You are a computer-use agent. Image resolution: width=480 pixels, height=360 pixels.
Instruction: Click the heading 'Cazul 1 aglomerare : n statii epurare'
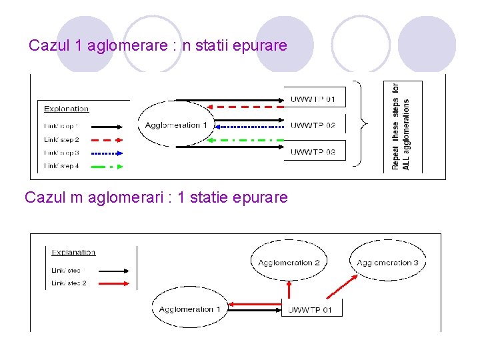click(158, 46)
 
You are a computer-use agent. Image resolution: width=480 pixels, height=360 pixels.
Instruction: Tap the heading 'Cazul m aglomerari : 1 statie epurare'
click(156, 198)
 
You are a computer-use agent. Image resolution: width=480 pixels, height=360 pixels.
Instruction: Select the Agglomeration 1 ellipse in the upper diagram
click(173, 125)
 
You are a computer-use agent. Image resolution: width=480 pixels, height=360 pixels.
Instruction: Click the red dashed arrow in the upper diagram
click(244, 106)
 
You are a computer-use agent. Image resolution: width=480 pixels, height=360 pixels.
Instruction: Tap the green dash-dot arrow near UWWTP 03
click(244, 140)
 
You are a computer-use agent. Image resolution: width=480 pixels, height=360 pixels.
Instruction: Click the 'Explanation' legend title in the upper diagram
click(66, 109)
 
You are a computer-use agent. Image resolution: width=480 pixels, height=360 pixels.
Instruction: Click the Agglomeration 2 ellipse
click(289, 263)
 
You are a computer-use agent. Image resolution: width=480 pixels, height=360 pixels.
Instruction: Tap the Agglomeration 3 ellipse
click(387, 263)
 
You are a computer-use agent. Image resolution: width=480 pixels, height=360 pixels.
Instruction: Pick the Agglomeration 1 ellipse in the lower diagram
click(190, 309)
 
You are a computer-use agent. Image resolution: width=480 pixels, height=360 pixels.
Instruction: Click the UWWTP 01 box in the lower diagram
click(311, 309)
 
